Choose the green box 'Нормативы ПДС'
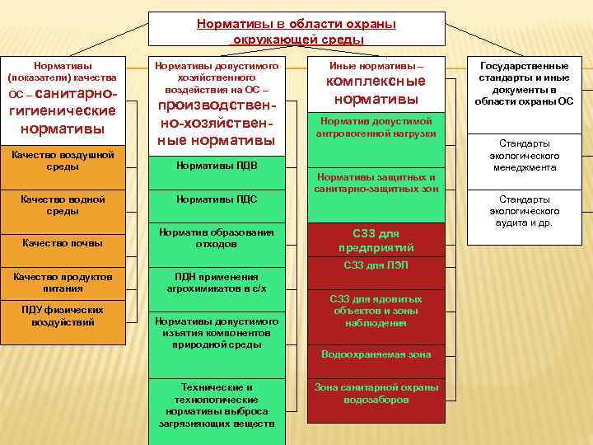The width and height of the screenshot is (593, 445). [x=217, y=199]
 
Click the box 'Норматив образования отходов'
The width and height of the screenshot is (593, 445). [x=217, y=238]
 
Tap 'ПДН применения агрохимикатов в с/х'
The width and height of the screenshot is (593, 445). [x=217, y=283]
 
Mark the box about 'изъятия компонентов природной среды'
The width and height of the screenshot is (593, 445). [x=217, y=332]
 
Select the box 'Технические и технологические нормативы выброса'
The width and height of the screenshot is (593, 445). [x=217, y=405]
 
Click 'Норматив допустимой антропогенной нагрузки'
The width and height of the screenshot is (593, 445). [x=375, y=128]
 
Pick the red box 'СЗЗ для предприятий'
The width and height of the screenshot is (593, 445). [x=376, y=240]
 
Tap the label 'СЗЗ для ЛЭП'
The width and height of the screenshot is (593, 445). [x=376, y=265]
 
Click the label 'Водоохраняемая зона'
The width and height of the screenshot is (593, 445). [x=376, y=354]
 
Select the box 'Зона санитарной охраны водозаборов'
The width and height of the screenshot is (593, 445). [x=376, y=393]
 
